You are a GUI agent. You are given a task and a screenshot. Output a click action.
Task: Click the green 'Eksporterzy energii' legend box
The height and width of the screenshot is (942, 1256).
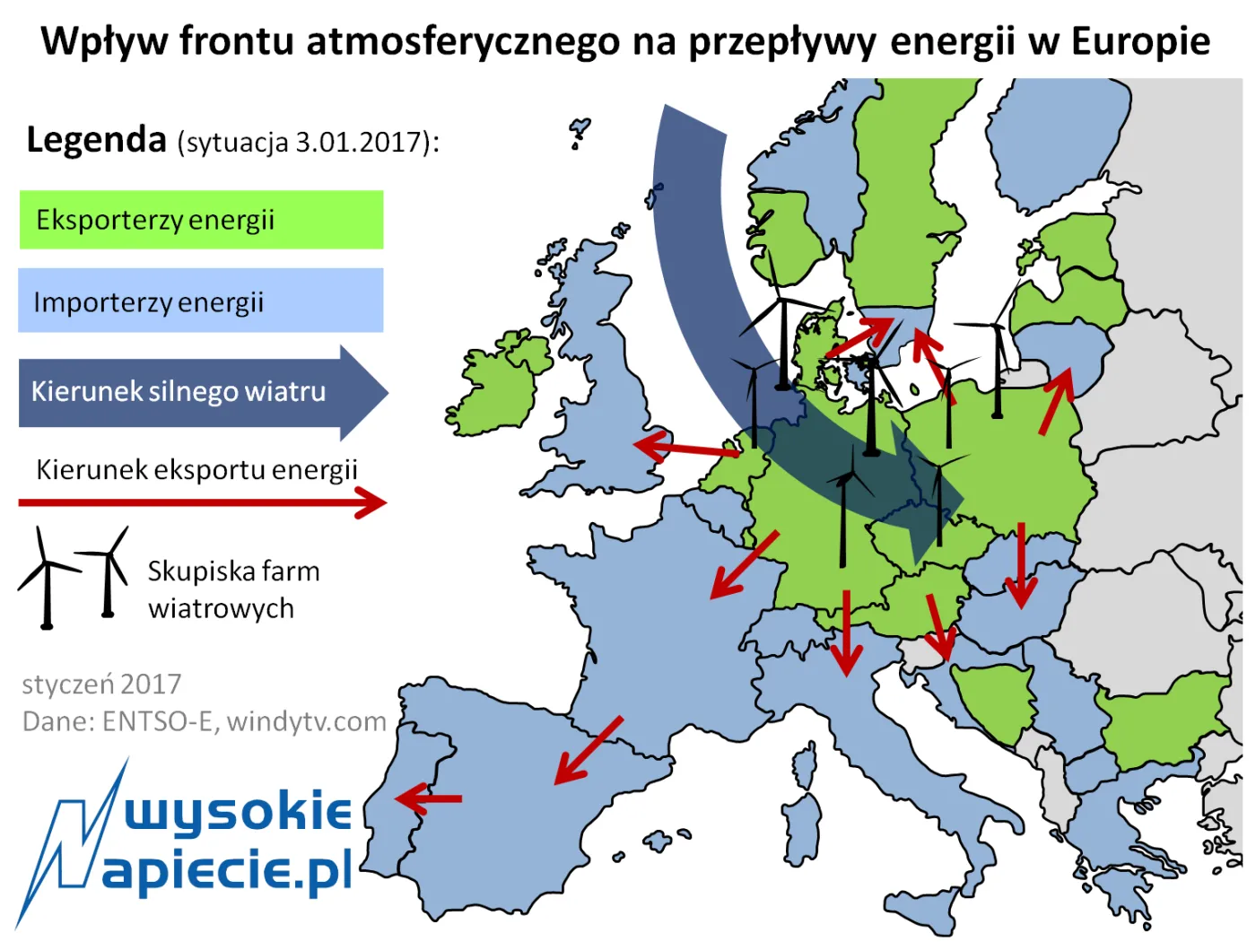tap(201, 220)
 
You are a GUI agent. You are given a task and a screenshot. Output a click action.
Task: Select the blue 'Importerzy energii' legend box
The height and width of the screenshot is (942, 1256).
tap(201, 301)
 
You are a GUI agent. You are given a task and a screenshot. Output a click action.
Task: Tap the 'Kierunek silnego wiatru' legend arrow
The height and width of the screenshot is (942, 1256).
tap(202, 392)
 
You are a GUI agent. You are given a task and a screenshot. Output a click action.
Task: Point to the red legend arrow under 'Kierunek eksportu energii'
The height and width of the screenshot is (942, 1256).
tap(202, 502)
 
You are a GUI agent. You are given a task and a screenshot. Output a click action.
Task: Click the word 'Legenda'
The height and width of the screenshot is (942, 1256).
tap(97, 140)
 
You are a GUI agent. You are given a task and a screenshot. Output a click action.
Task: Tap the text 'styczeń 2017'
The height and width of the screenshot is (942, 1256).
tap(101, 685)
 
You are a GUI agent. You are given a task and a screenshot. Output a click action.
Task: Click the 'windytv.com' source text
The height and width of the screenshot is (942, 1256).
tap(307, 721)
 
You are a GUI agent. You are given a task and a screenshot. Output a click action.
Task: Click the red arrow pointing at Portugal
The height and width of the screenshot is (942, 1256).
tap(429, 798)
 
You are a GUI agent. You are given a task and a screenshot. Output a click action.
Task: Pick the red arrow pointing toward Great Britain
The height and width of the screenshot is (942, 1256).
tap(687, 447)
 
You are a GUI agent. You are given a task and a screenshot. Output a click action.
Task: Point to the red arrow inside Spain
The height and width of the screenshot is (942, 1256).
tap(589, 750)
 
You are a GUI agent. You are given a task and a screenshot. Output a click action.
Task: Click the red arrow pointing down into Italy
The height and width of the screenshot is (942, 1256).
tap(845, 632)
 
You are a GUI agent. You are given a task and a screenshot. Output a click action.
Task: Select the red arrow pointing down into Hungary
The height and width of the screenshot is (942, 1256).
tap(1020, 565)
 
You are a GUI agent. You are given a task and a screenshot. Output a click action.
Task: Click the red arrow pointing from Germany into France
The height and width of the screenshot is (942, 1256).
tap(744, 565)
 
